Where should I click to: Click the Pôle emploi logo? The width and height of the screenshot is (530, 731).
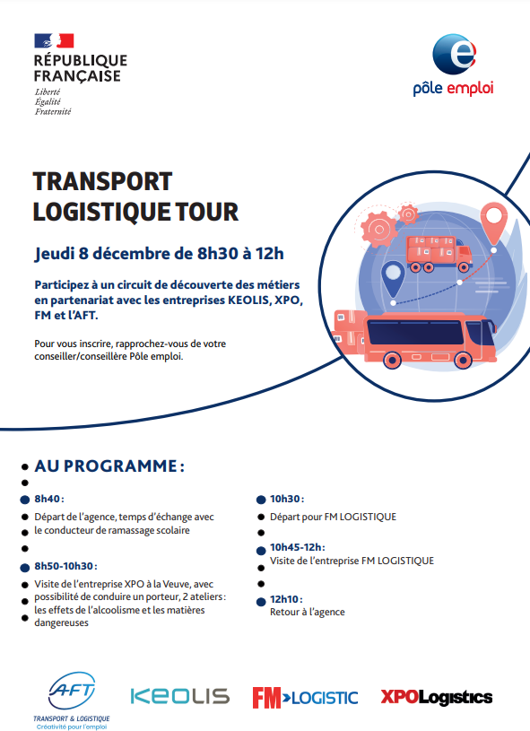[x=453, y=65]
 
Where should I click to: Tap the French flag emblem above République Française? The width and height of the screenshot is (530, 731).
[x=54, y=40]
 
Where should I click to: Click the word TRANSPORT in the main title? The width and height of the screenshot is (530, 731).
[x=102, y=181]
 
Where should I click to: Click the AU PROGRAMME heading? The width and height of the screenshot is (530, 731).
[x=109, y=466]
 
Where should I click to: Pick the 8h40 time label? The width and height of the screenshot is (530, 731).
[x=49, y=499]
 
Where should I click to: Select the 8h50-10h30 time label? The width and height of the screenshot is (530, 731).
[x=65, y=566]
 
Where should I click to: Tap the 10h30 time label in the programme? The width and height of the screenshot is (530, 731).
[x=287, y=499]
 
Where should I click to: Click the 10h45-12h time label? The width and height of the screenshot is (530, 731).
[x=298, y=547]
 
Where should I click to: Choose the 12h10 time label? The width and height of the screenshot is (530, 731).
[x=286, y=599]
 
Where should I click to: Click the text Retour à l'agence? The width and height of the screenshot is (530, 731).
[x=308, y=612]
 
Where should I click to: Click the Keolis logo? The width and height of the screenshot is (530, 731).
[x=180, y=697]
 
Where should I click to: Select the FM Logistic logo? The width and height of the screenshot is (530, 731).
[x=305, y=698]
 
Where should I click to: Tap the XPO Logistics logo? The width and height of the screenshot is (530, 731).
[x=437, y=697]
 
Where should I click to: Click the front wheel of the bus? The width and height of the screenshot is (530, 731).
[x=463, y=360]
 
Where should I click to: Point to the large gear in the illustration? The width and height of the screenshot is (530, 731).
[x=379, y=230]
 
